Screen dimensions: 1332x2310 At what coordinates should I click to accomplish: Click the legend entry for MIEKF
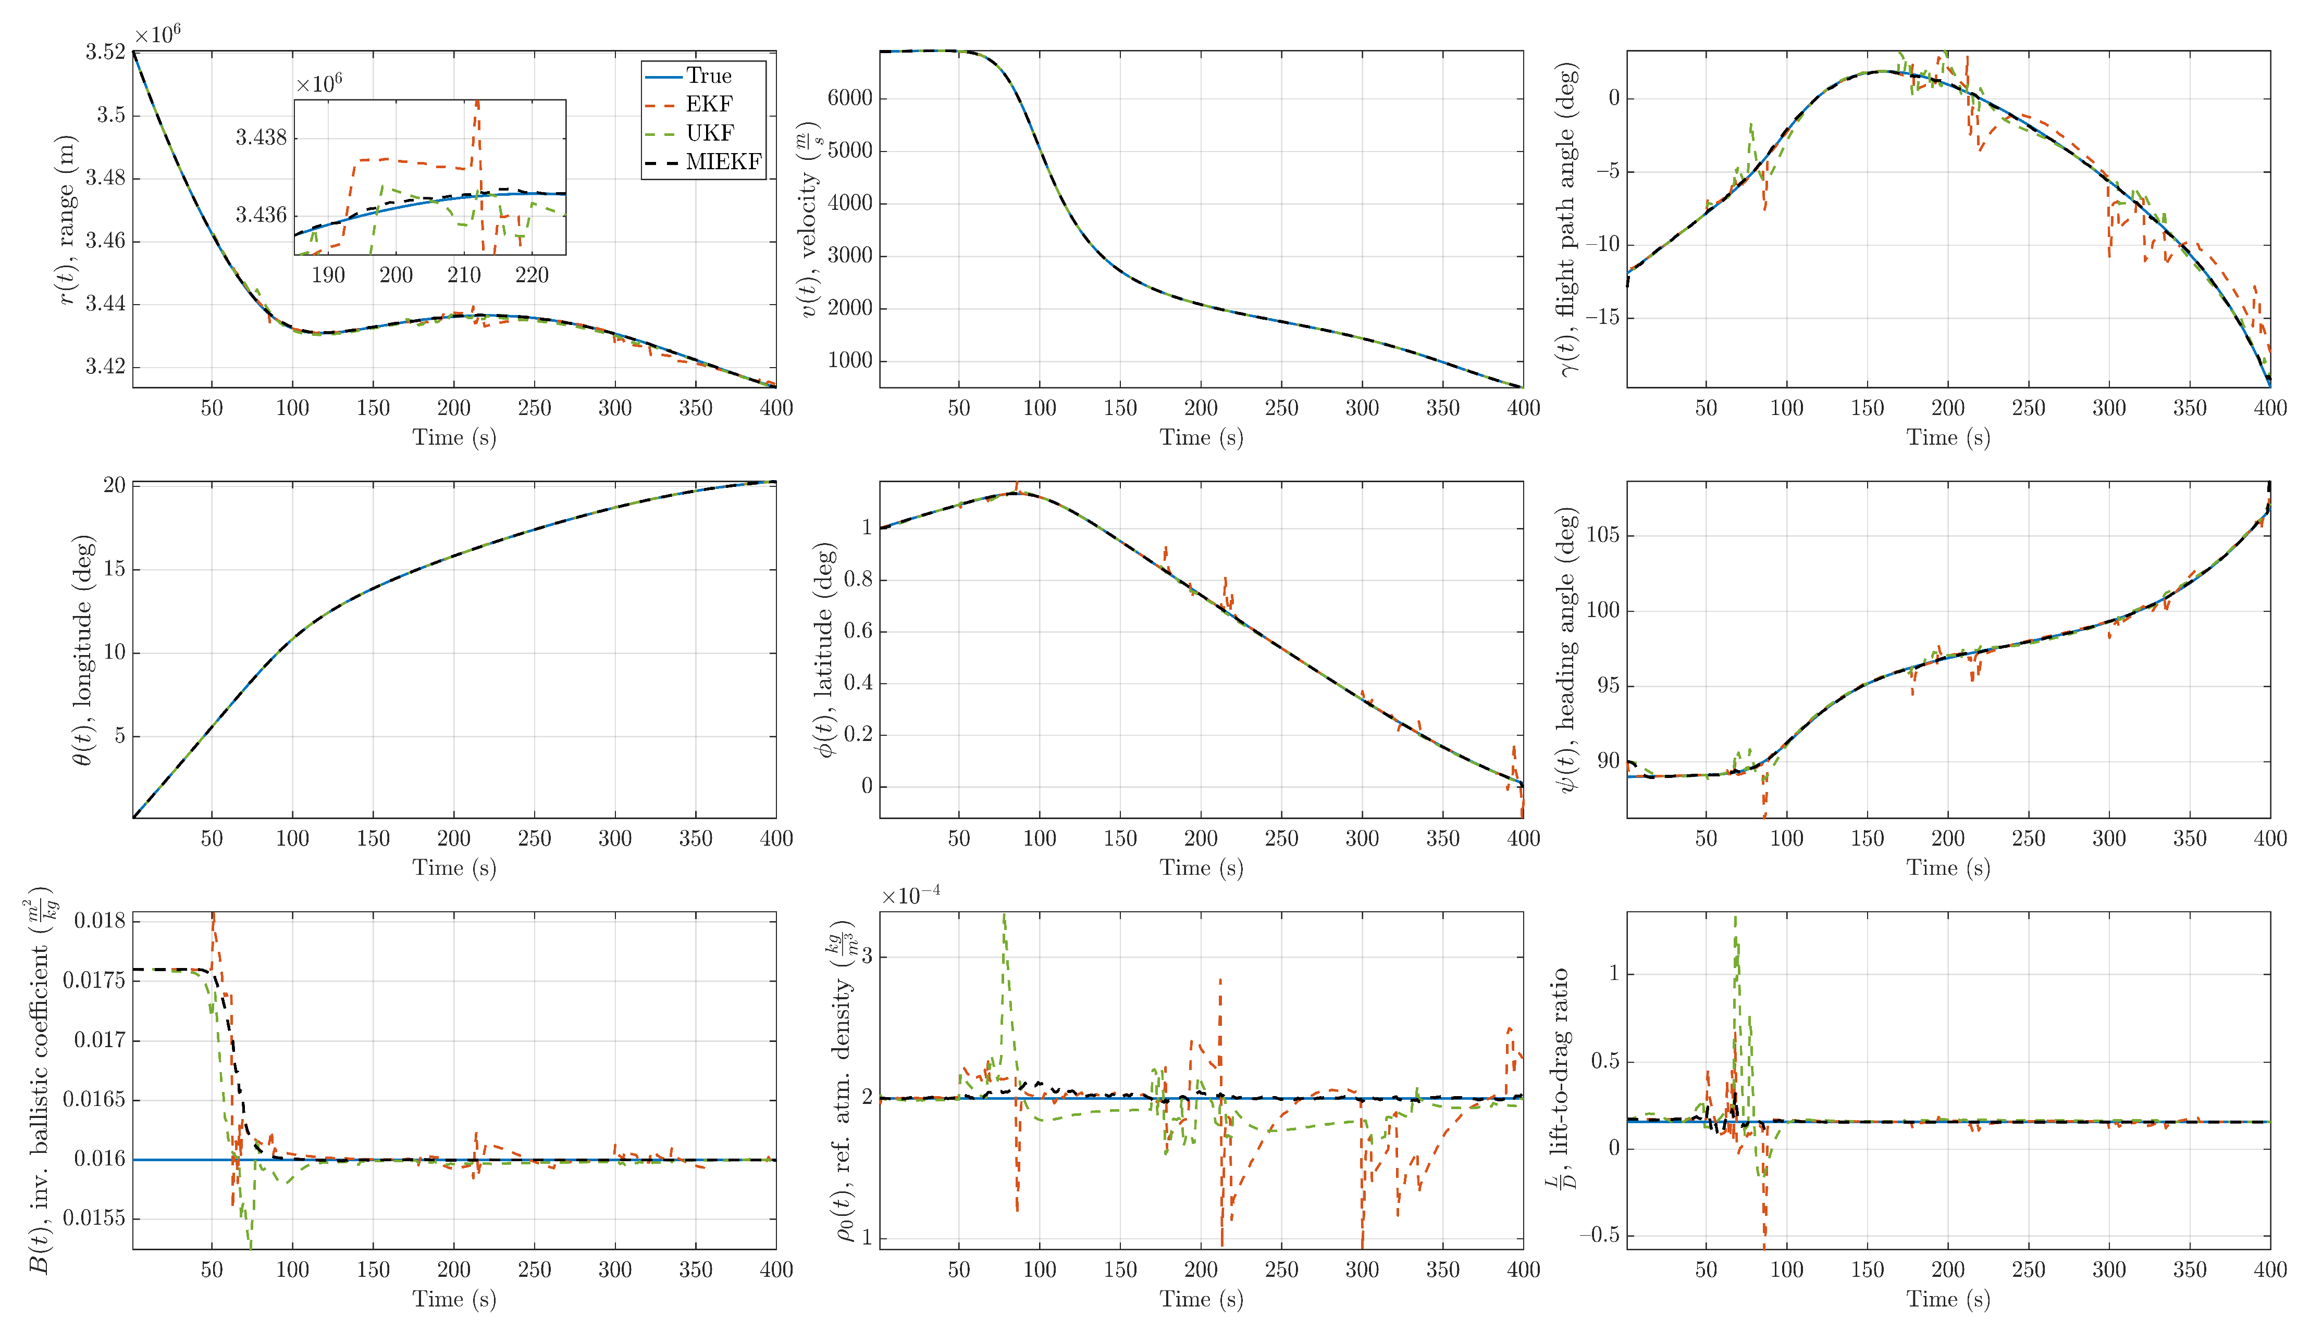723,162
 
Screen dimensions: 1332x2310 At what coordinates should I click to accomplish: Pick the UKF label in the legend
709,133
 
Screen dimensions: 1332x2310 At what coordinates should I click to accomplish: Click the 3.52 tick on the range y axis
105,52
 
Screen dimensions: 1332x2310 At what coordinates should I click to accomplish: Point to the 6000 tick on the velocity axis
850,99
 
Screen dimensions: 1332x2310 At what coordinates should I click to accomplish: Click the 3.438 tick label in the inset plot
261,137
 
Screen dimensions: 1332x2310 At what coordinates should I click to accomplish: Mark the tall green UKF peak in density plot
1004,915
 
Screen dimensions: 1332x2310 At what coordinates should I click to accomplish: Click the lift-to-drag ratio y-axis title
1561,1079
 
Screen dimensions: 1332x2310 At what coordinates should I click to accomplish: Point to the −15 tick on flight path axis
1602,318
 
